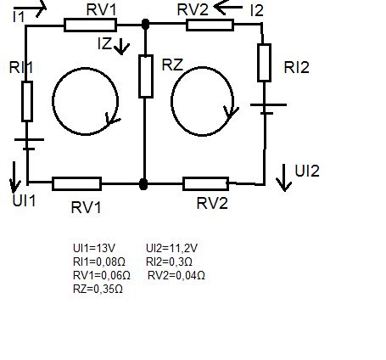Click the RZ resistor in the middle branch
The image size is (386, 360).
pyautogui.click(x=146, y=76)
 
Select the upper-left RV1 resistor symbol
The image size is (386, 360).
pyautogui.click(x=90, y=25)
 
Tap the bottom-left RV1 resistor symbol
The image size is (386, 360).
pyautogui.click(x=77, y=183)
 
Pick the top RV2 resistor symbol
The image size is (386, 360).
pyautogui.click(x=210, y=25)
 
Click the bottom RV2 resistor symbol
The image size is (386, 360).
pyautogui.click(x=206, y=183)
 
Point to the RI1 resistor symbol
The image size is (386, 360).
pyautogui.click(x=27, y=101)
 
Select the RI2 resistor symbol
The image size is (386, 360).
pyautogui.click(x=265, y=63)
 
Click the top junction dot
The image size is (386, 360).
pyautogui.click(x=145, y=25)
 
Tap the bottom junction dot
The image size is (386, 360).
pyautogui.click(x=143, y=184)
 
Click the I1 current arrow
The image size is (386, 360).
pyautogui.click(x=30, y=8)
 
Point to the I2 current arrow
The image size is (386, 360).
pyautogui.click(x=228, y=7)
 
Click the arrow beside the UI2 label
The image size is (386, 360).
pyautogui.click(x=284, y=177)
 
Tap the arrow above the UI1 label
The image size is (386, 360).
pyautogui.click(x=15, y=177)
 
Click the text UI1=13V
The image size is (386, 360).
pyautogui.click(x=94, y=248)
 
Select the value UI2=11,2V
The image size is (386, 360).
pyautogui.click(x=171, y=249)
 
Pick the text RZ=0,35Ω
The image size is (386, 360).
pyautogui.click(x=98, y=290)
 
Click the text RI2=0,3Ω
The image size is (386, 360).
pyautogui.click(x=169, y=262)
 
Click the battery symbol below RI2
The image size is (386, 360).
pyautogui.click(x=268, y=110)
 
